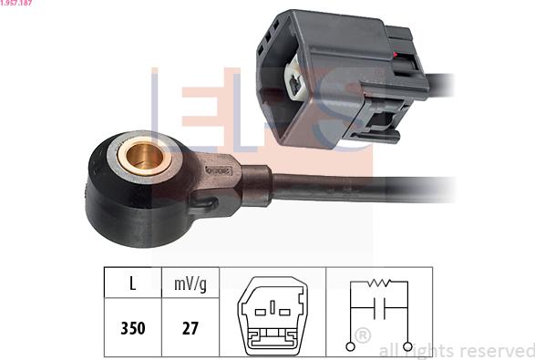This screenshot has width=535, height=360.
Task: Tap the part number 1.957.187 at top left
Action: point(16,3)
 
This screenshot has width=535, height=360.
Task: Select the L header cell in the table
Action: point(133,283)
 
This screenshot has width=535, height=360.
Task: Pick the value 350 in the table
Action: point(133,328)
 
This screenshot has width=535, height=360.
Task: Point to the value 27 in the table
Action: point(190,328)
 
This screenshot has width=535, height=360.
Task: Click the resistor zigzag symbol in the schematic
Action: point(379,283)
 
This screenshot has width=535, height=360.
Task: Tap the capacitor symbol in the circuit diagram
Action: point(379,308)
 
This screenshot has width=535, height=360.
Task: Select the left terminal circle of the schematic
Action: point(350,346)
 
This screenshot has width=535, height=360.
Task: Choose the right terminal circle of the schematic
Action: point(407,346)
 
